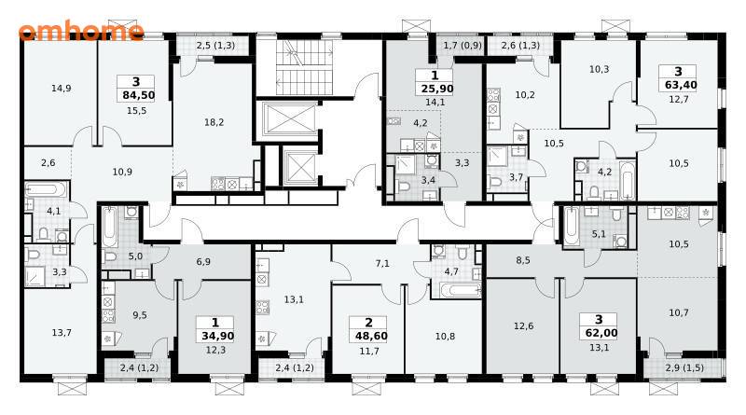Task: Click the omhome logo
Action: coord(81,32)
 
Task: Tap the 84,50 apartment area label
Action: coord(138,95)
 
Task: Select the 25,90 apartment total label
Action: coord(436,89)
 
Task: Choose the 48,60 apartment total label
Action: coord(371,336)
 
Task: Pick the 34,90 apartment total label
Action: coord(217,336)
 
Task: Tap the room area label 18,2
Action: coord(214,122)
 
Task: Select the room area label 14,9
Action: coord(62,88)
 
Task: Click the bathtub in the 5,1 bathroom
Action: coord(572,225)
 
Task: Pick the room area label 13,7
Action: coord(62,333)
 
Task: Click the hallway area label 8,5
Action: coord(523,260)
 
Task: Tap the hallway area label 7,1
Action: coord(382,263)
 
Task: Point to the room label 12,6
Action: coord(523,326)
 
